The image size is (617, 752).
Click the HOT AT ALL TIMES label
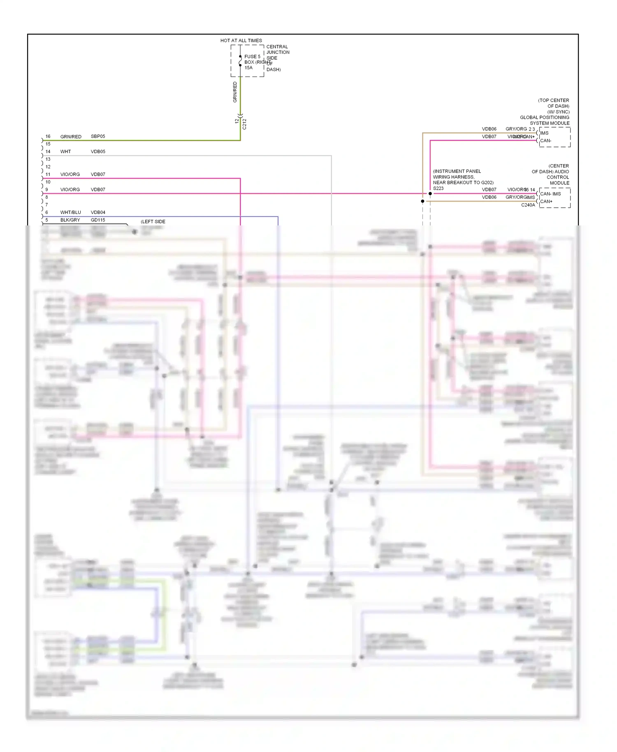241,40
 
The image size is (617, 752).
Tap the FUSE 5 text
252,56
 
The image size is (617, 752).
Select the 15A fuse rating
248,68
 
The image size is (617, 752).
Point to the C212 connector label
244,124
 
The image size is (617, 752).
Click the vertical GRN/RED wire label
235,92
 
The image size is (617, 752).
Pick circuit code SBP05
98,136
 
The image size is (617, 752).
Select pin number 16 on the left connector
48,136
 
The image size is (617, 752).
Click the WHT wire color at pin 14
65,151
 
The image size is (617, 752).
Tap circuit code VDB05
98,151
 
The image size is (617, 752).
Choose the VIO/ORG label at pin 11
70,174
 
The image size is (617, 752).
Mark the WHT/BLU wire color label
70,212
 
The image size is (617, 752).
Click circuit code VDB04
98,212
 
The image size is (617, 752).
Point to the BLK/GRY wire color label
70,220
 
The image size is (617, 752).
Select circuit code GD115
98,220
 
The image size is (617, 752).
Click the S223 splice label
438,188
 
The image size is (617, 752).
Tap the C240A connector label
528,205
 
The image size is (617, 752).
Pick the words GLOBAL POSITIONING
544,117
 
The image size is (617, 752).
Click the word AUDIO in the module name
562,172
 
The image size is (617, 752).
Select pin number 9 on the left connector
46,190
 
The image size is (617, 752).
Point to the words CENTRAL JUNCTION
278,49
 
